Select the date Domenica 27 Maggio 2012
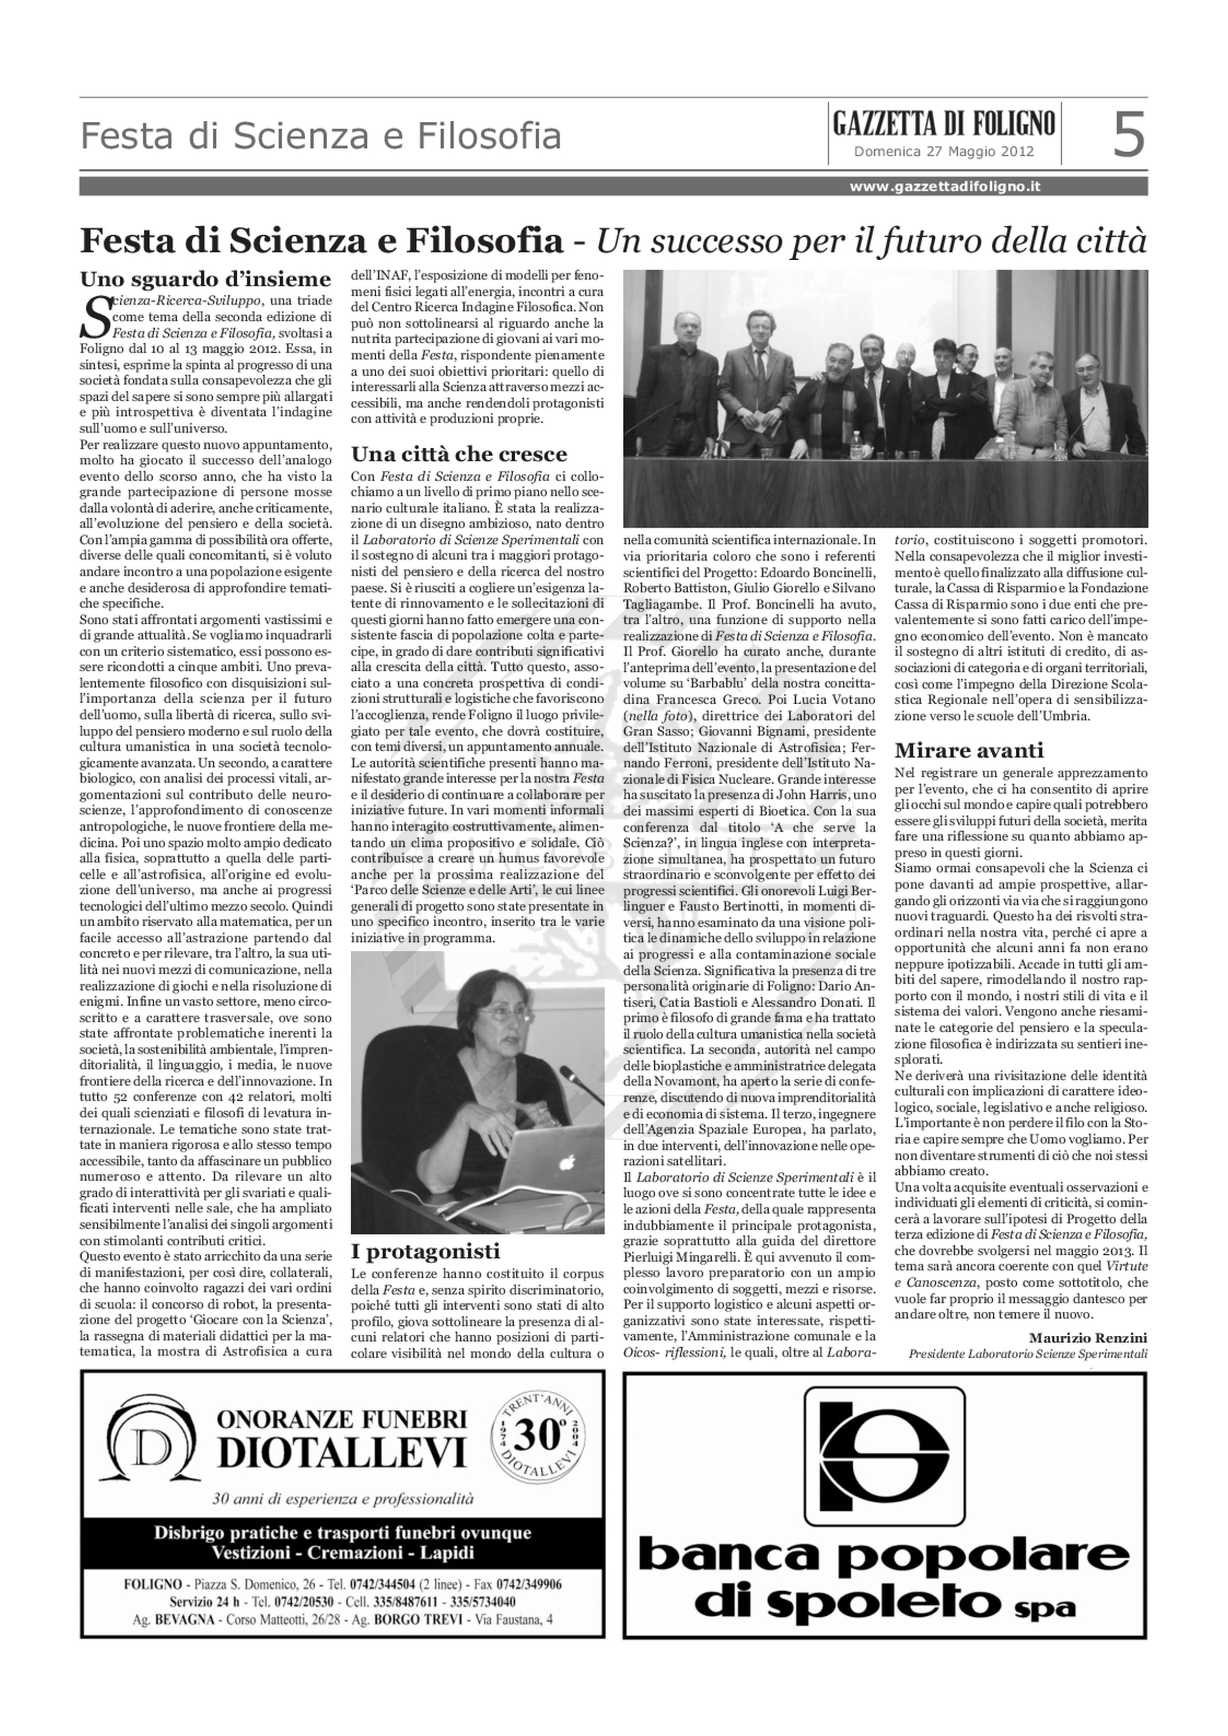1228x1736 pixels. [x=944, y=151]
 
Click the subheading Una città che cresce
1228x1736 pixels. [x=459, y=454]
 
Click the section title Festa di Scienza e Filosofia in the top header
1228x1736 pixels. [x=321, y=137]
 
